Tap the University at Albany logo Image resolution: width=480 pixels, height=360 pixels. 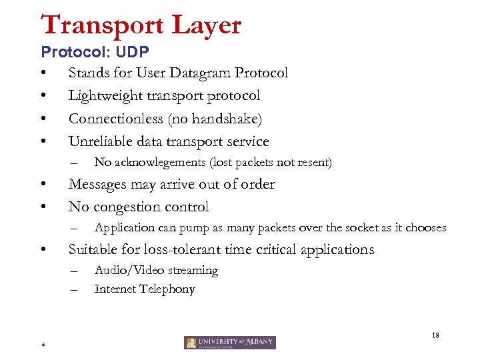click(230, 342)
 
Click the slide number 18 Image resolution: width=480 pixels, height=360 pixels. click(435, 335)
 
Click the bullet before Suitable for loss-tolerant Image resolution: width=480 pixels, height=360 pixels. click(43, 250)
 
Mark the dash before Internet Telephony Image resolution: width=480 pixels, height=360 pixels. click(74, 289)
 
